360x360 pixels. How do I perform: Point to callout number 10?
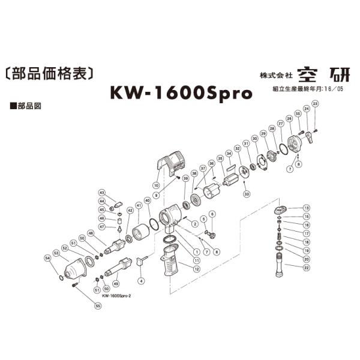155,185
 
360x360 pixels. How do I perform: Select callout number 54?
47,258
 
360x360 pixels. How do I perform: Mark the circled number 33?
247,193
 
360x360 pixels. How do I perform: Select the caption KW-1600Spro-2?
116,295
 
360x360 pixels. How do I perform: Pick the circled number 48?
91,232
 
